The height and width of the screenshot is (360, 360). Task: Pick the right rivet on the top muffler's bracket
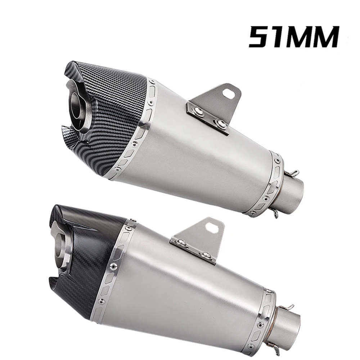click(219, 123)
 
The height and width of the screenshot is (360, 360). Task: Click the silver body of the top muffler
click(202, 162)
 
